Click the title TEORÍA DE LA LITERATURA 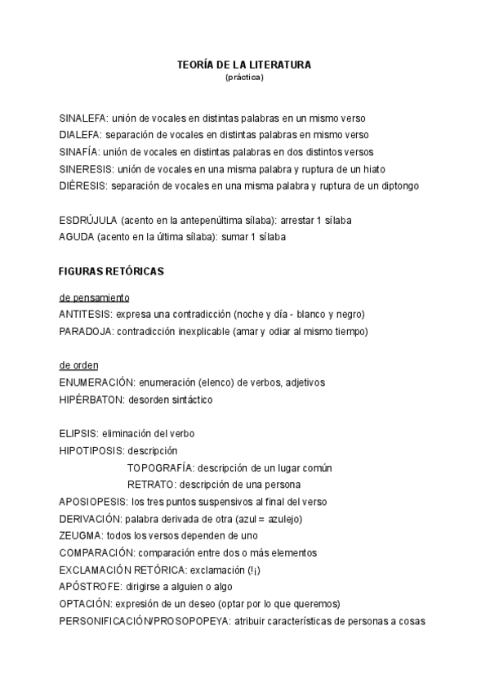(x=244, y=64)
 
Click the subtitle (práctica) (x=244, y=78)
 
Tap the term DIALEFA (x=80, y=135)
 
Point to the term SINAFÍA (x=79, y=152)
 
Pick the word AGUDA (x=76, y=237)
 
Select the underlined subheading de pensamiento (x=94, y=297)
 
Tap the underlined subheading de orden (x=78, y=365)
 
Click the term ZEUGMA (x=80, y=535)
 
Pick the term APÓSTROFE (x=90, y=586)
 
